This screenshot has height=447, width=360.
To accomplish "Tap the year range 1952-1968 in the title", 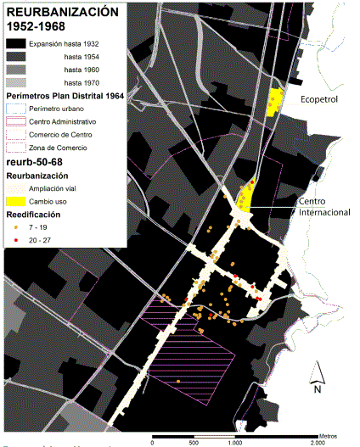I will [37, 27].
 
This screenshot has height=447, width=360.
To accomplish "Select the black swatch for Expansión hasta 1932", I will [14, 42].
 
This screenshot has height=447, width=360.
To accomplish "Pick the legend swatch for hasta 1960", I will [14, 70].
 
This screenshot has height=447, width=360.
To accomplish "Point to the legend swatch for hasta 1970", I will [14, 83].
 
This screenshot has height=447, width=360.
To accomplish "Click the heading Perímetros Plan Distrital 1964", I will [65, 96].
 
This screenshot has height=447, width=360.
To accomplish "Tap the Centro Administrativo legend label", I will [63, 122].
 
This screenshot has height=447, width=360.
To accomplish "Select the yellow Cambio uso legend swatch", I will [14, 202].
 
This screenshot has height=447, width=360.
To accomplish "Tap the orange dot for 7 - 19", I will [14, 228].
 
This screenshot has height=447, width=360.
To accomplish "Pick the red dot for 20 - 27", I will [14, 242].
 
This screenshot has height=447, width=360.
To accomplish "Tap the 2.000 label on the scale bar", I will [315, 442].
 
